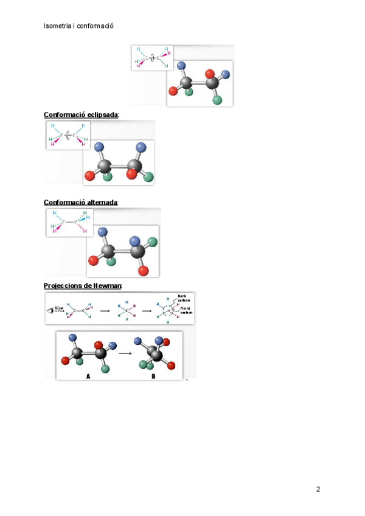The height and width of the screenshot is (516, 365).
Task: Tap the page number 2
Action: [318, 489]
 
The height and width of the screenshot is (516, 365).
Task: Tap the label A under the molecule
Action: [88, 376]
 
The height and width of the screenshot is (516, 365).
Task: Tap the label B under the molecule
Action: [153, 376]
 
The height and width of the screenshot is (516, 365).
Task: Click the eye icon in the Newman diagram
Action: [50, 310]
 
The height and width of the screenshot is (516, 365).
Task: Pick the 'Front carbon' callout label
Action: [186, 310]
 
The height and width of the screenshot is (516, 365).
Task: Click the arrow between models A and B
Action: [126, 352]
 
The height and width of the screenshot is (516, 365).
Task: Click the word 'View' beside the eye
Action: [60, 308]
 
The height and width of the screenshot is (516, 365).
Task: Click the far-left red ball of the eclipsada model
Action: [89, 176]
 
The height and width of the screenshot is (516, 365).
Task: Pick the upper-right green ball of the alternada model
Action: [152, 242]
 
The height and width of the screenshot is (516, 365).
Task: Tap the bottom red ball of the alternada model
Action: [144, 270]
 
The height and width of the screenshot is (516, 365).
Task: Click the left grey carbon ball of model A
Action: [78, 352]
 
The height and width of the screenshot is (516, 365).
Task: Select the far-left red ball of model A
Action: [64, 361]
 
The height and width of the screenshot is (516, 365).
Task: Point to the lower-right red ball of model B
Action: [171, 365]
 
